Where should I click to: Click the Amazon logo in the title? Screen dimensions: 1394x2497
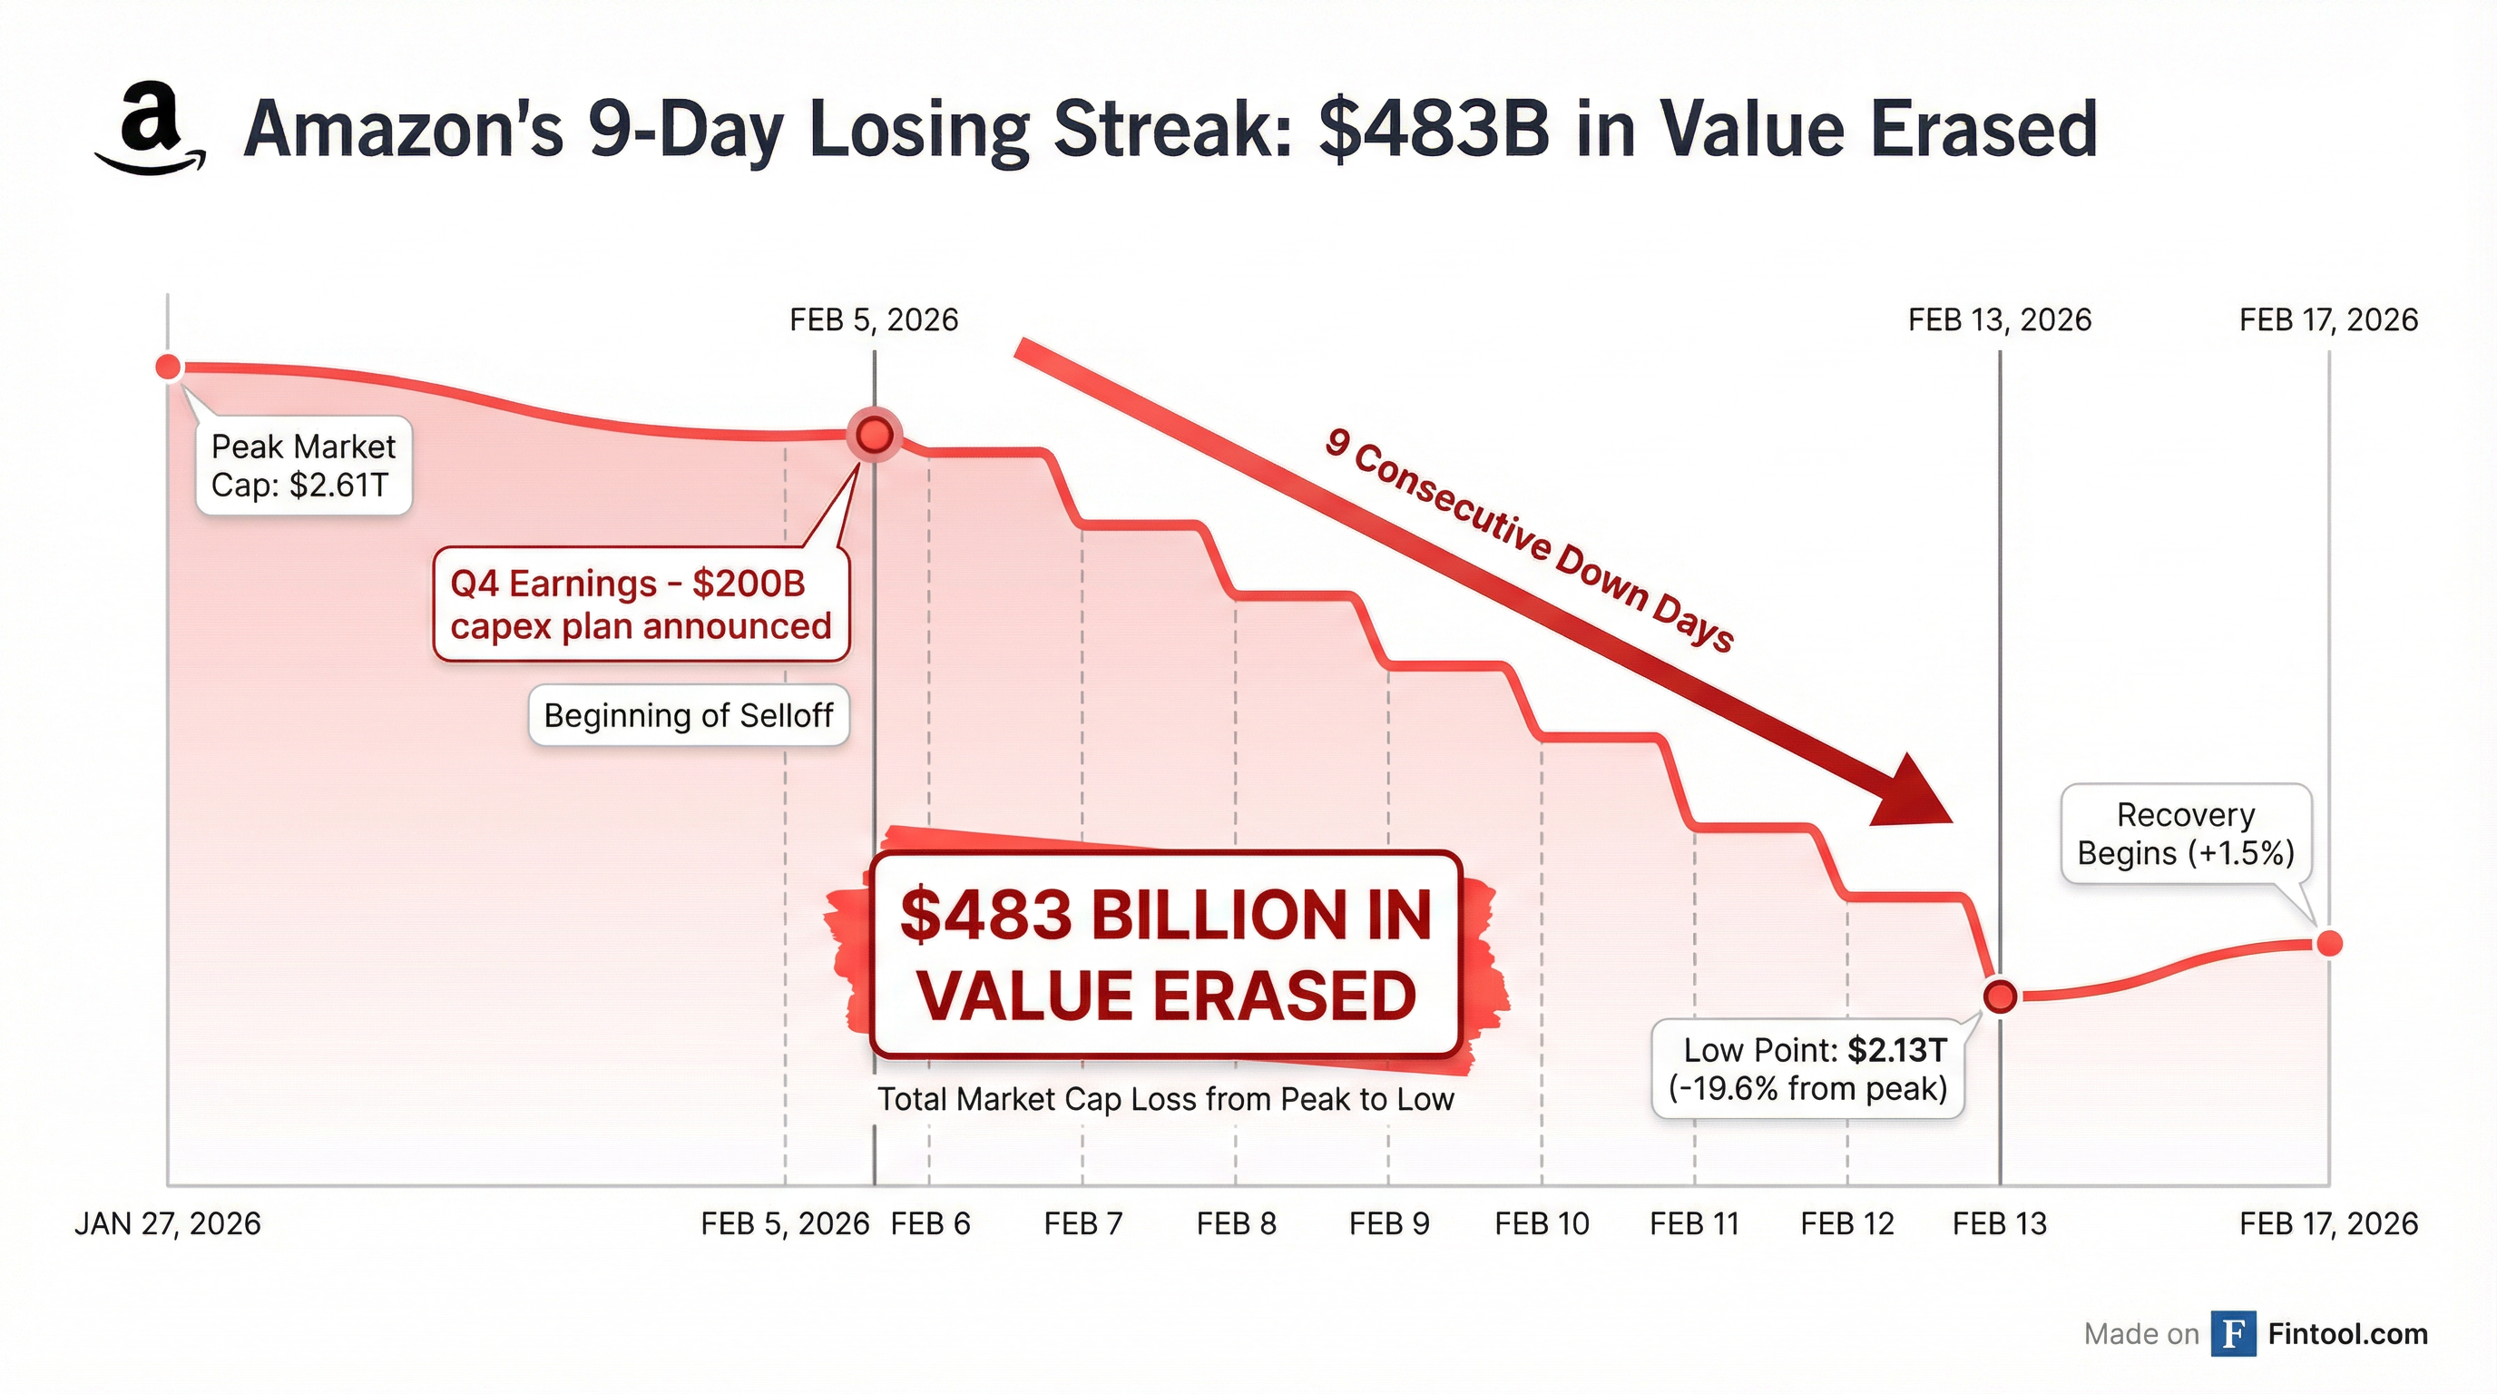coord(151,130)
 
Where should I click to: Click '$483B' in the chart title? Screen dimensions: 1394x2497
coord(1434,130)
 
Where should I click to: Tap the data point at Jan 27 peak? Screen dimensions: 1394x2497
coord(169,368)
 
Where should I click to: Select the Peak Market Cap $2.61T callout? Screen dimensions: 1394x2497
coord(303,466)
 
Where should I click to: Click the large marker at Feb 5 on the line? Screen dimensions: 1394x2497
coord(875,436)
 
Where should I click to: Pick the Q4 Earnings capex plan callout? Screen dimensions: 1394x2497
coord(641,605)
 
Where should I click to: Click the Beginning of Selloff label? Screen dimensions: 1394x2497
coord(689,715)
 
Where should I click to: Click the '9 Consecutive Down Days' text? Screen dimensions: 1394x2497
coord(1529,541)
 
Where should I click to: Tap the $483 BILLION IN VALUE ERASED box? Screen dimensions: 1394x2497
coord(1165,955)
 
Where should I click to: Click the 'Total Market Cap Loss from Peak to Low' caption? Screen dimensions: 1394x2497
coord(1165,1099)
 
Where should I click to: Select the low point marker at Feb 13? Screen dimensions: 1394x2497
coord(2000,996)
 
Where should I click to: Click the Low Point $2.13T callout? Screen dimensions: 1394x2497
coord(1807,1069)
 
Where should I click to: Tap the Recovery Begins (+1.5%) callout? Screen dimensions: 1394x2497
coord(2185,834)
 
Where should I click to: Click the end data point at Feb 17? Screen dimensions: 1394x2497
coord(2328,942)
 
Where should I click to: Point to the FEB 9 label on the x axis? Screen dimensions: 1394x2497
coord(1389,1224)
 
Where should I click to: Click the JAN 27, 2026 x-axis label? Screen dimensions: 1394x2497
coord(168,1224)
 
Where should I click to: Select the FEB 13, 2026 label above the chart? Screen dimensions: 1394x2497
coord(1999,319)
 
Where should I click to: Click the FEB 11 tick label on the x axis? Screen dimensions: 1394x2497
coord(1694,1224)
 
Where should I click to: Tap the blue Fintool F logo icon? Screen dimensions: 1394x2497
coord(2233,1334)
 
